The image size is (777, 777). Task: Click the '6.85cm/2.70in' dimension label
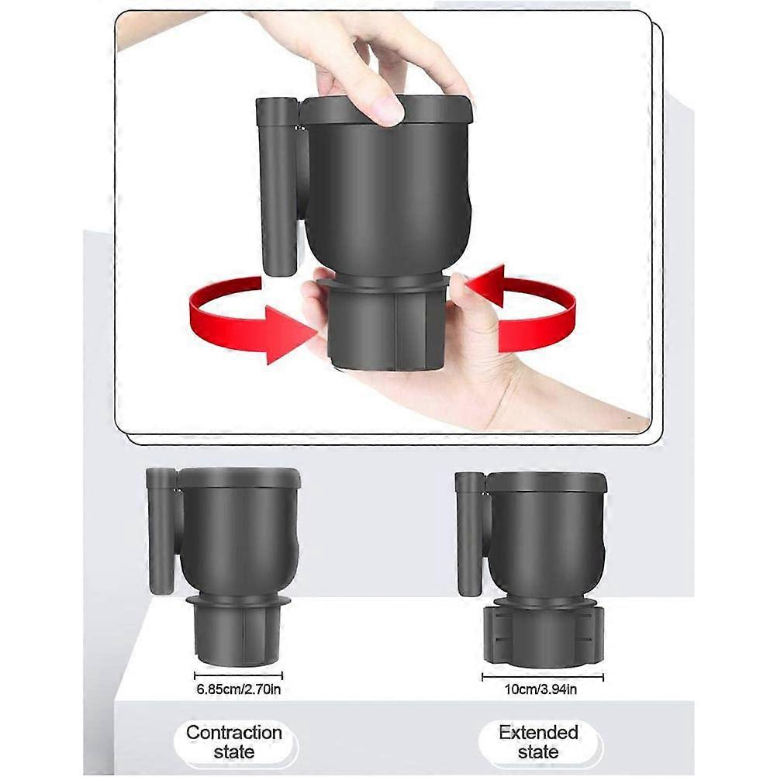[x=239, y=689]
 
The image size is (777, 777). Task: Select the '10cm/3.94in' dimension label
[x=540, y=689]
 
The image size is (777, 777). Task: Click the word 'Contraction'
[x=234, y=732]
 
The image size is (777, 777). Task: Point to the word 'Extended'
[x=539, y=732]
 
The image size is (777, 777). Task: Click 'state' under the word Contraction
[x=234, y=751]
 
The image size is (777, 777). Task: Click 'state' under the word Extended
[x=539, y=751]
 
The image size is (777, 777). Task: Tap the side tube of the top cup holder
[x=277, y=186]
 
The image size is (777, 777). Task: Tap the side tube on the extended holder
[x=470, y=534]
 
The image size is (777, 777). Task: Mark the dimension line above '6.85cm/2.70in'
[x=238, y=675]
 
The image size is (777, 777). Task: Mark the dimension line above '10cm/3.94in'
[x=543, y=677]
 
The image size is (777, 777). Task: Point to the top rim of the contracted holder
[x=239, y=478]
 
